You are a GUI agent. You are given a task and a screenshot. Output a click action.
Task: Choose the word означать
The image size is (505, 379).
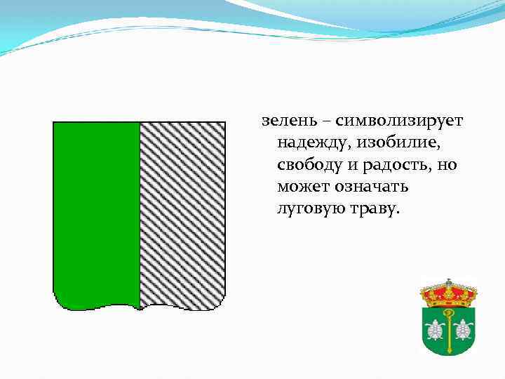[372, 188]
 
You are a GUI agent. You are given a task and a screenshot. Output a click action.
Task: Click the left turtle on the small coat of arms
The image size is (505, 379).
[436, 328]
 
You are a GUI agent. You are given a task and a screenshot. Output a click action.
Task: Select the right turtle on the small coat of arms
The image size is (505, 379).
[462, 328]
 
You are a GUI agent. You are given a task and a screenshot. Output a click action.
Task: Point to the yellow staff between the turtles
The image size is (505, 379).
[449, 333]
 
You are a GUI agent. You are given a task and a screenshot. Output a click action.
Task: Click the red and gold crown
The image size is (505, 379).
[448, 291]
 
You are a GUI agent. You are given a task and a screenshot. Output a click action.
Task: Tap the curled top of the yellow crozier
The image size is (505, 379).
[448, 312]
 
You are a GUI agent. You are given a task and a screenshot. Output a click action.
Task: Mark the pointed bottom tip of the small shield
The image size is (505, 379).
[449, 356]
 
